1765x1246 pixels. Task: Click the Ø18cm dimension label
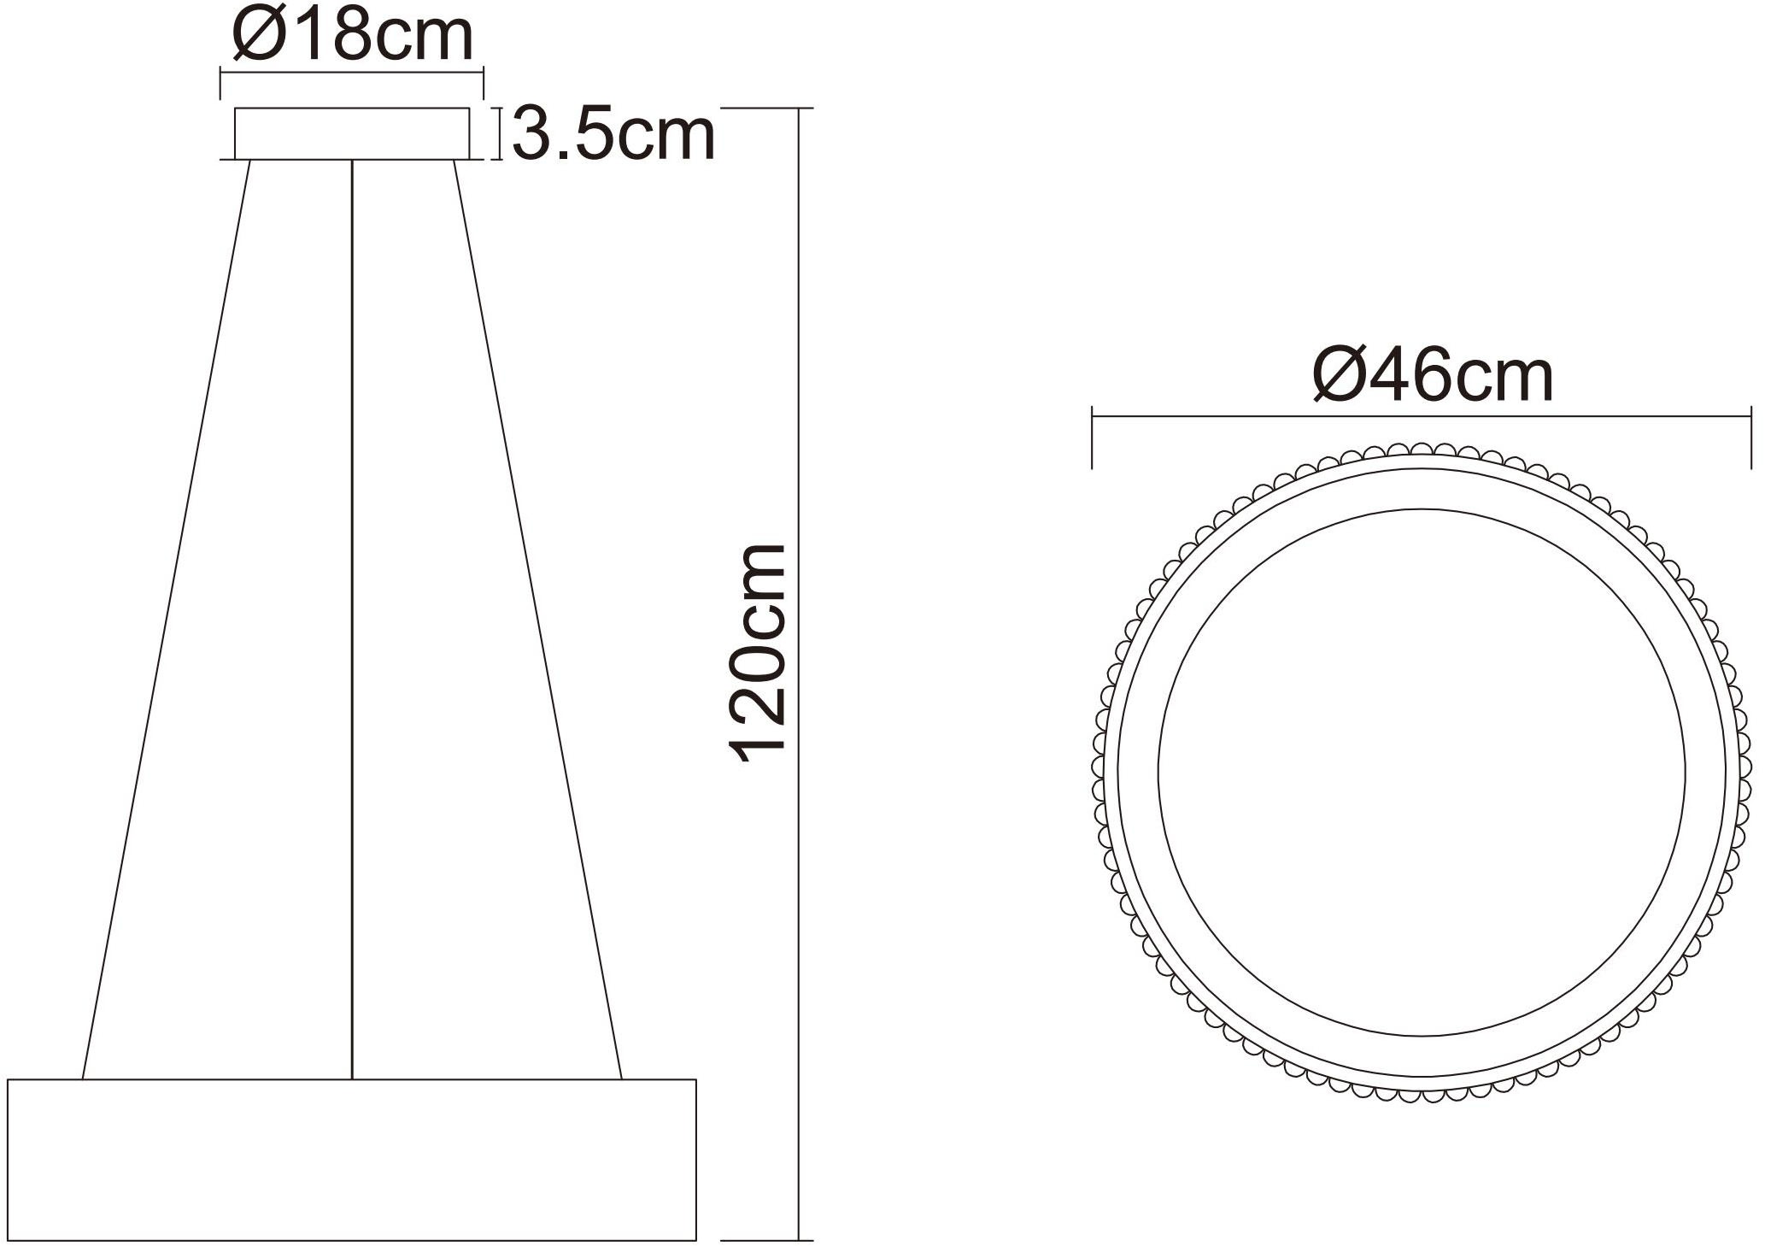click(352, 36)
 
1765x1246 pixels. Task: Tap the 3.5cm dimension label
click(613, 135)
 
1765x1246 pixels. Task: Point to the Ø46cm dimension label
click(1433, 377)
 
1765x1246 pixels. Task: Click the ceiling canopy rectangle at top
click(352, 133)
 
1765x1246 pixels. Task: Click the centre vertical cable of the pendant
click(352, 615)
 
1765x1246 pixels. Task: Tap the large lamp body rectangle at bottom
click(352, 1159)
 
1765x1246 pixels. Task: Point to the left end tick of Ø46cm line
click(1093, 440)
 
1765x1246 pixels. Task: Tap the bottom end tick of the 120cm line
click(769, 1239)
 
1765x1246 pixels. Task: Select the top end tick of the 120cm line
click(769, 109)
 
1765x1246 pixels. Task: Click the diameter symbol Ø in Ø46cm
click(1340, 377)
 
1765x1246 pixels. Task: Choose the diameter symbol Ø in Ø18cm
click(256, 36)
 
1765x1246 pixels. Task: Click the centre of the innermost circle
click(1421, 772)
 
